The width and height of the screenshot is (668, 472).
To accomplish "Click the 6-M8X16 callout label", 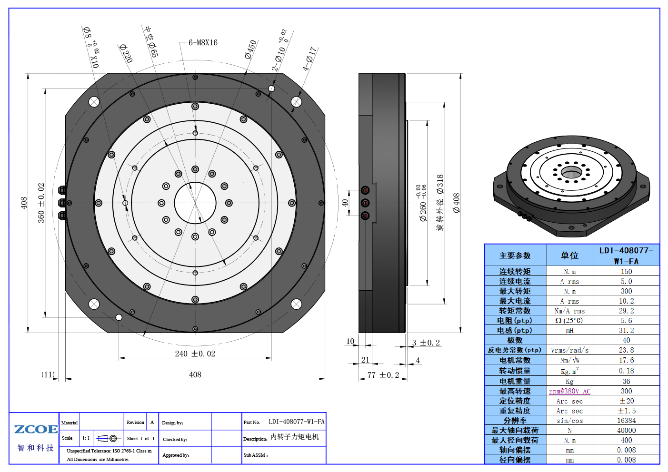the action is click(x=203, y=43).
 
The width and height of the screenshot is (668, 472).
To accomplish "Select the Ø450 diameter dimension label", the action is click(x=251, y=49).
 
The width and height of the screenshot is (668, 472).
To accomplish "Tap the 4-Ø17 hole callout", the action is click(x=309, y=59).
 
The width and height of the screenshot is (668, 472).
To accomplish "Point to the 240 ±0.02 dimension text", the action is click(x=195, y=354).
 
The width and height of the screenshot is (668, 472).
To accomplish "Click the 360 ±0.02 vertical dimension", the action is click(x=41, y=203).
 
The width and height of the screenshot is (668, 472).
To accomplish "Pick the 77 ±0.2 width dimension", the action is click(x=383, y=375).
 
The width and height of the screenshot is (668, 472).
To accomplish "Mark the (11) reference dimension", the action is click(x=48, y=374).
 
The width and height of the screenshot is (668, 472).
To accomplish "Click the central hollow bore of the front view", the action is click(x=195, y=203).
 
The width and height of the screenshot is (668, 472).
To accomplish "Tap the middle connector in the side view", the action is click(x=365, y=203).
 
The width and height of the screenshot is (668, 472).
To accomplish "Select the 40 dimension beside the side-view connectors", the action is click(x=345, y=203).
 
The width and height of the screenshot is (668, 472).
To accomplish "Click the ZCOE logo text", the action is click(x=36, y=429).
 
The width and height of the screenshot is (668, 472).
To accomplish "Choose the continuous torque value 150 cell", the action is click(x=626, y=272).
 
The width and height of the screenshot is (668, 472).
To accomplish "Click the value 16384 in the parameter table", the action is click(x=626, y=421).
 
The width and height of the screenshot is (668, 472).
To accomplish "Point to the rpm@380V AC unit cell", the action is click(x=569, y=391).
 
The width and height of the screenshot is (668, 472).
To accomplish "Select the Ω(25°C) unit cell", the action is click(x=569, y=321).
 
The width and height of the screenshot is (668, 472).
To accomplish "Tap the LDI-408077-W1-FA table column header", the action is click(x=626, y=256).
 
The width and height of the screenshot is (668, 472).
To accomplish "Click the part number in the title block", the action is click(x=297, y=422).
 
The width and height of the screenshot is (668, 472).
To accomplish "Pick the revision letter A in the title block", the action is click(x=152, y=422).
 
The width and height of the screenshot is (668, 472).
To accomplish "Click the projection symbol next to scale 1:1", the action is click(x=108, y=438).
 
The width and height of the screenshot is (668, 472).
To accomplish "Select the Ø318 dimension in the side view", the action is click(x=440, y=185).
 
